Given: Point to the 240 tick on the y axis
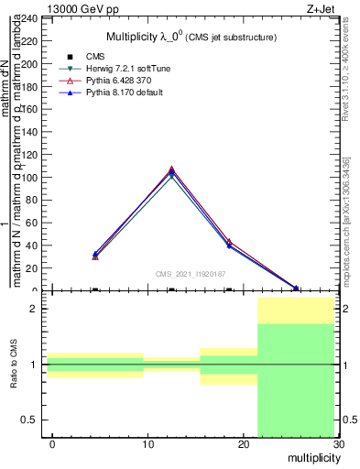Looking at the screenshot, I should pyautogui.click(x=30, y=17).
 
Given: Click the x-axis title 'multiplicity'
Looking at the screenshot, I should pyautogui.click(x=312, y=458).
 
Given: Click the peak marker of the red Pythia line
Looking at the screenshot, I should pyautogui.click(x=171, y=169).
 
